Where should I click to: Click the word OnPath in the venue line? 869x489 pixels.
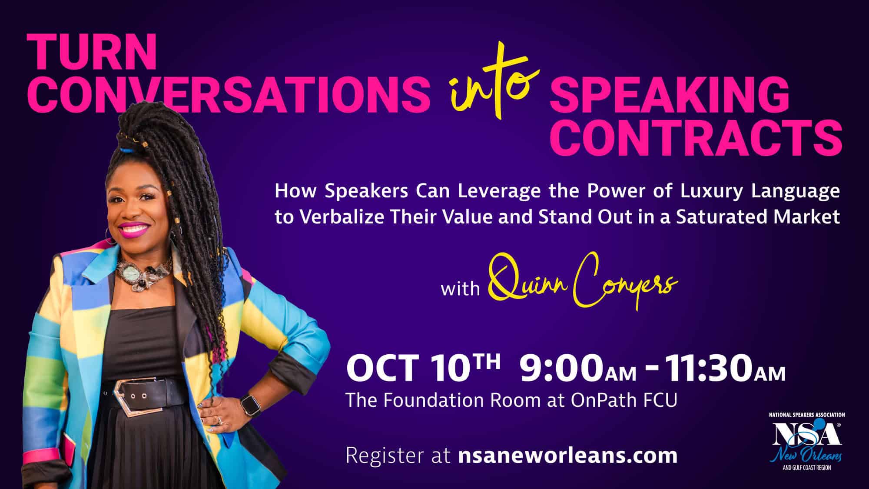[600, 400]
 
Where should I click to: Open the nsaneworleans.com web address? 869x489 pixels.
[567, 456]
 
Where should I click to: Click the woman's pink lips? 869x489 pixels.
[133, 228]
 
